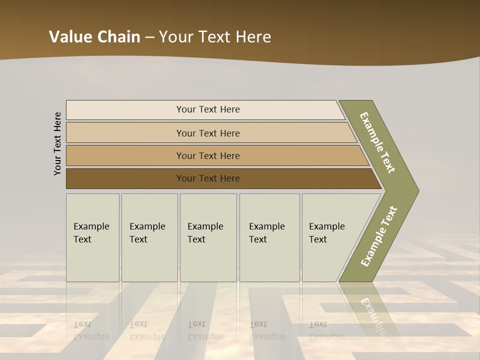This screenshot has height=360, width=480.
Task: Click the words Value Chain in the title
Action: [x=94, y=37]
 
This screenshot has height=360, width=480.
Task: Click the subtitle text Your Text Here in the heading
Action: [x=215, y=37]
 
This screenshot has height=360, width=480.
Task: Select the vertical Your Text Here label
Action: [x=57, y=143]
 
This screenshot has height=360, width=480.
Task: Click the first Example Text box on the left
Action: [x=92, y=237]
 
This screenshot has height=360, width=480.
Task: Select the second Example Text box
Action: [x=149, y=237]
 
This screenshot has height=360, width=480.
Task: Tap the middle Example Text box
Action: [x=208, y=237]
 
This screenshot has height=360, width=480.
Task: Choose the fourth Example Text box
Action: [x=269, y=237]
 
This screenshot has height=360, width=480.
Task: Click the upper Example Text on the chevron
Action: [x=377, y=142]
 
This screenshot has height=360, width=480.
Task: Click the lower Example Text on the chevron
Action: [x=378, y=236]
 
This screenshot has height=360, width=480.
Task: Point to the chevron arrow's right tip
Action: [x=417, y=191]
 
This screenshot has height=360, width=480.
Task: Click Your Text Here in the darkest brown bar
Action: [x=208, y=178]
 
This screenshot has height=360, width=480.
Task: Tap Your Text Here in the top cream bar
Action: [x=208, y=109]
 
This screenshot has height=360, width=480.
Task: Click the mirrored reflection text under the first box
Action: [x=91, y=330]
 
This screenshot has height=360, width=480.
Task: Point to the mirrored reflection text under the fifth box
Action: [x=327, y=330]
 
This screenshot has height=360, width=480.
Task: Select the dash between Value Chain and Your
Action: [x=149, y=37]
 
